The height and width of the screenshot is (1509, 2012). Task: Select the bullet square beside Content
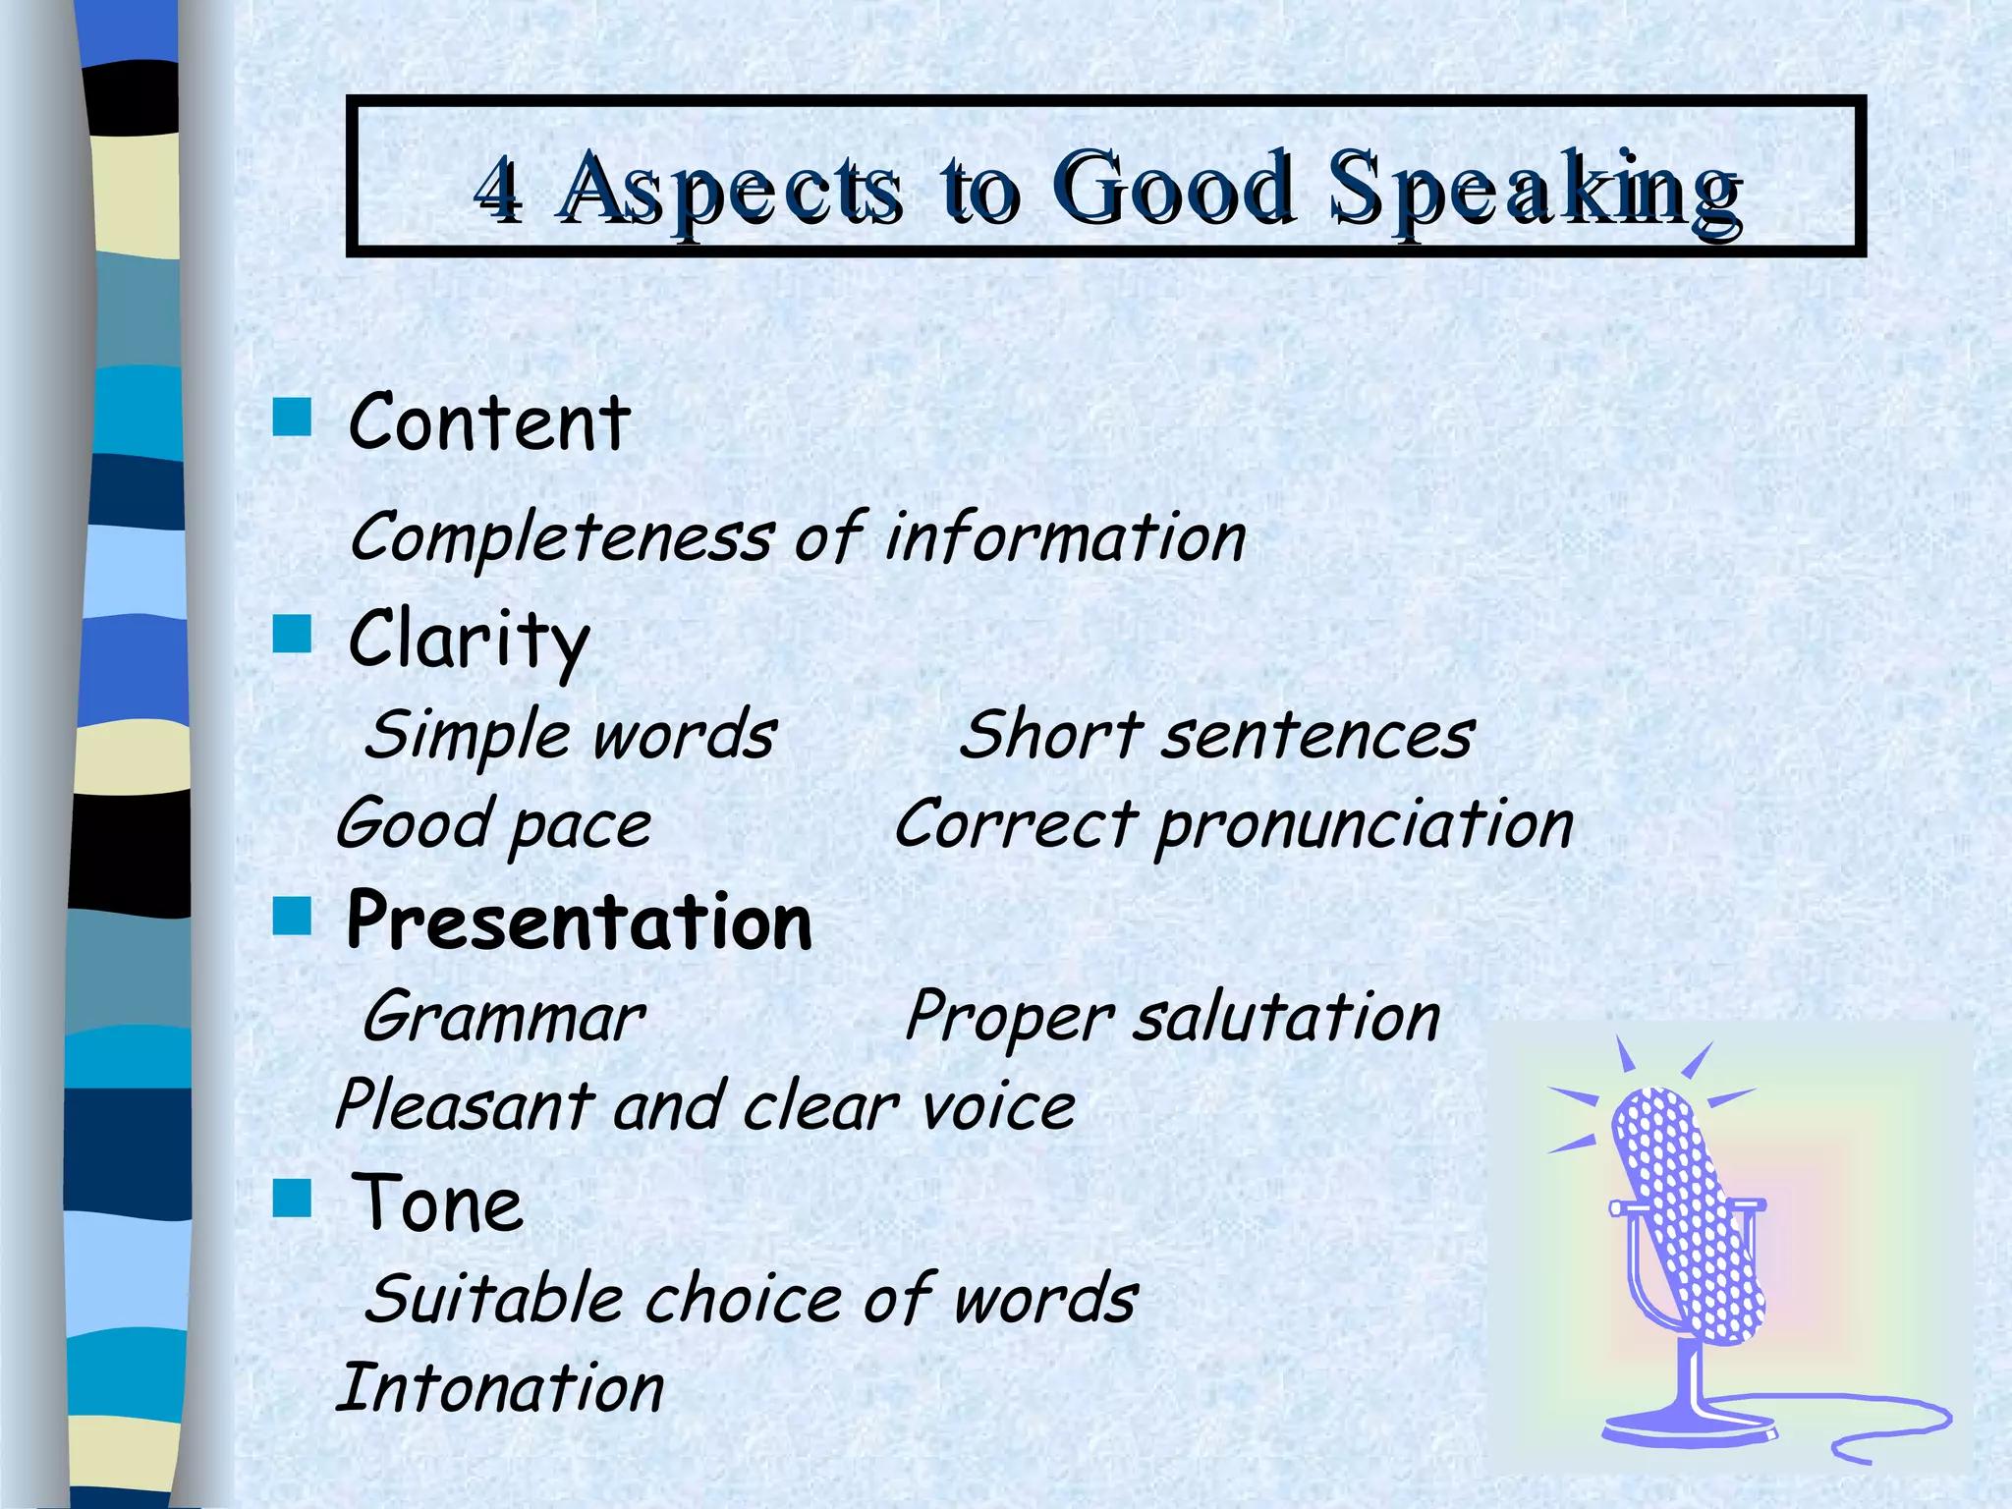tap(292, 417)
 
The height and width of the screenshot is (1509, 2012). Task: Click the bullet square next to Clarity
tap(292, 634)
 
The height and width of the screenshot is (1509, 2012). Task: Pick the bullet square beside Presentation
tap(292, 916)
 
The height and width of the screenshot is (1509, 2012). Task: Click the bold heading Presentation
tap(580, 922)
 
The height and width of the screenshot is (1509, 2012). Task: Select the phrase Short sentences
tap(1216, 735)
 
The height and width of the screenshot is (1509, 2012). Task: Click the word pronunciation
tap(1364, 825)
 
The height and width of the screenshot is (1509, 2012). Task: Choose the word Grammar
tap(503, 1018)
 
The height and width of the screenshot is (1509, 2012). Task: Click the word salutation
tap(1287, 1017)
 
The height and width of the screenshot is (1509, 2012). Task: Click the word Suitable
tap(494, 1299)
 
